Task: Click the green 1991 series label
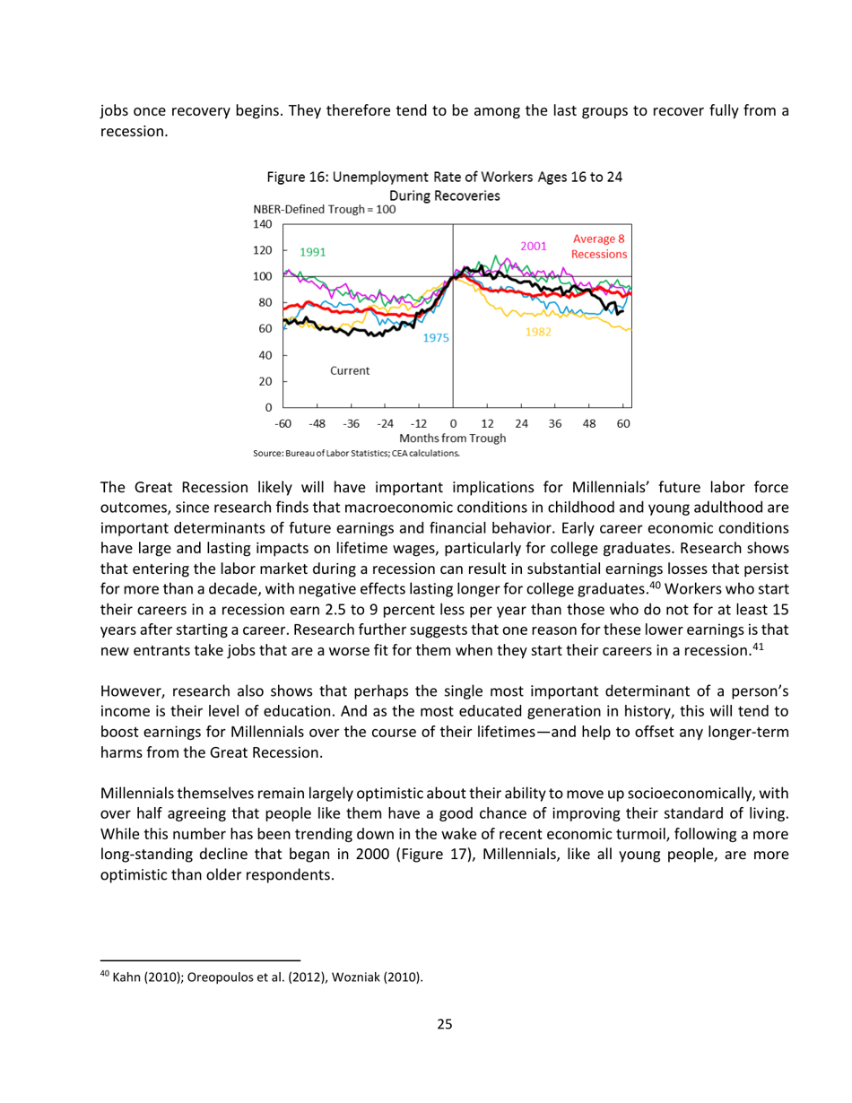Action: click(x=312, y=252)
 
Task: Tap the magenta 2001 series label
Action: click(x=535, y=245)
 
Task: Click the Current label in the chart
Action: click(x=350, y=370)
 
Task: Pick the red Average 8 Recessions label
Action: click(x=600, y=247)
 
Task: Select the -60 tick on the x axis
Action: click(x=283, y=423)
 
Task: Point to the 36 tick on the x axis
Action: click(x=554, y=423)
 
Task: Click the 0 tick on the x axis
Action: click(x=453, y=423)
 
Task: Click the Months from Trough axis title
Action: click(x=457, y=439)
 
